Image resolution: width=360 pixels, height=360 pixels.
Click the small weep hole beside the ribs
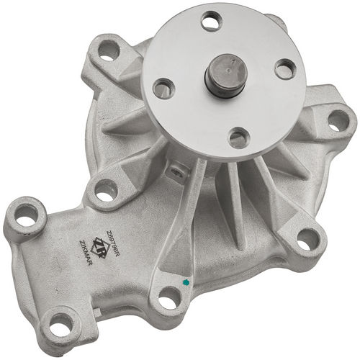[x=173, y=170]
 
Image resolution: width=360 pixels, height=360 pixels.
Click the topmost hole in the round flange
[x=211, y=22]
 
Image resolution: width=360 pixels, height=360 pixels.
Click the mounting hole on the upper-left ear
[x=107, y=50]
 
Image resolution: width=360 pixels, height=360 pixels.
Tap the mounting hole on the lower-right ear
[x=308, y=239]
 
